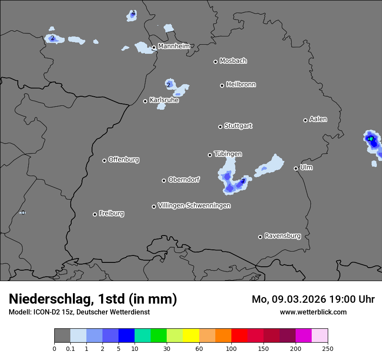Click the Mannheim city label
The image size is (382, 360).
[174, 46]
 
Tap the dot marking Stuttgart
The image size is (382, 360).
[220, 127]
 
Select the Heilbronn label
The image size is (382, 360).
[241, 85]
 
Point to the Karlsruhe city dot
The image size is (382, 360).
[145, 101]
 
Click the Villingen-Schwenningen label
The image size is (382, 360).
[194, 206]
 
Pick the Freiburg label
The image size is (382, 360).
[111, 213]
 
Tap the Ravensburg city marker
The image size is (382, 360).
[260, 237]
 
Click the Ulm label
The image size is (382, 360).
[306, 167]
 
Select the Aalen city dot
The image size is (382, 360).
[305, 120]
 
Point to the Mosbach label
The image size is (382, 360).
[233, 61]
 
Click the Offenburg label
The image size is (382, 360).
[124, 160]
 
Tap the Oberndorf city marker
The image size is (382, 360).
[164, 180]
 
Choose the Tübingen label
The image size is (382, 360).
[228, 154]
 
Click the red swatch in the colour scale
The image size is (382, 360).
[239, 336]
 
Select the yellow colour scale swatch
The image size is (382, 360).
[191, 336]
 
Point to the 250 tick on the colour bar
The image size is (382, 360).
[328, 348]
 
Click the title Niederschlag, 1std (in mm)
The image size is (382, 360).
[93, 299]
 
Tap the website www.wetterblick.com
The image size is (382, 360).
[313, 312]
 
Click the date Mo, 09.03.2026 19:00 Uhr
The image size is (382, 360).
[313, 299]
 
